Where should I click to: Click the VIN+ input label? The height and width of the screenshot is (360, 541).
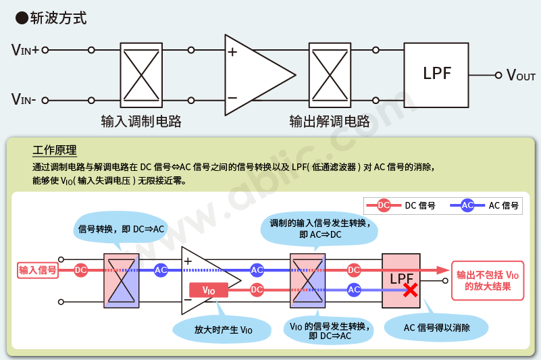25,50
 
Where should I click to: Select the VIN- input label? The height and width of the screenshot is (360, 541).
24,101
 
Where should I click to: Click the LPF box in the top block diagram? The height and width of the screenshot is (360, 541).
436,74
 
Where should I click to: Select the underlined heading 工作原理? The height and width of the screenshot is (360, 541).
54,150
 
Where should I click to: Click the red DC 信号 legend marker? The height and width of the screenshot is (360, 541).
384,205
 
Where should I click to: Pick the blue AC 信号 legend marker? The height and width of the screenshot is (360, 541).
467,205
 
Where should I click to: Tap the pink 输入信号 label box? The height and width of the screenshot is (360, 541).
38,270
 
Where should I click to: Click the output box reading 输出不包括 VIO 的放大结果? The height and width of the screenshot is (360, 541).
486,280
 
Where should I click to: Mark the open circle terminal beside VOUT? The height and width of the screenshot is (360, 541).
498,75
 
